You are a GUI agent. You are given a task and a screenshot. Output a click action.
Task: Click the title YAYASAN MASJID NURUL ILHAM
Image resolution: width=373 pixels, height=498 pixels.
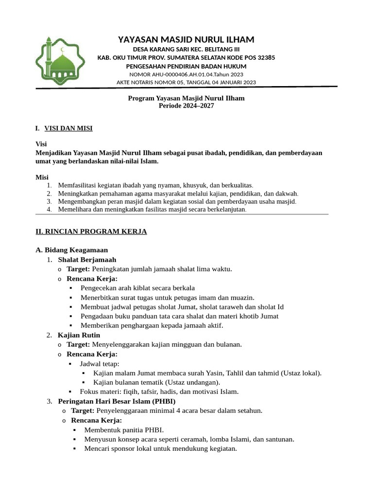click(186, 39)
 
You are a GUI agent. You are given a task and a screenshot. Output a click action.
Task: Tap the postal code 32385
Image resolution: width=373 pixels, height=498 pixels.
click(264, 57)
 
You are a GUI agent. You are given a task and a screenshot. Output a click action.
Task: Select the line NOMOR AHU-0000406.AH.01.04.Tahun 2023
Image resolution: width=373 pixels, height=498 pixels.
click(186, 74)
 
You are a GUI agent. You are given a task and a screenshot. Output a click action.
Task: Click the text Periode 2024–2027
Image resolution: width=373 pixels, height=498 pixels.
click(186, 106)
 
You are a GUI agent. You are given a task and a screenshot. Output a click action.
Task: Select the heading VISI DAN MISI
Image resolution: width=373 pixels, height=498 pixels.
click(68, 128)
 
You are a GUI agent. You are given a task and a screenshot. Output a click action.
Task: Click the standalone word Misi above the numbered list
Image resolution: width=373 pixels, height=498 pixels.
click(42, 177)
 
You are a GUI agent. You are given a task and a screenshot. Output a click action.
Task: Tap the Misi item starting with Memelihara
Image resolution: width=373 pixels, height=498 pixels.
click(152, 210)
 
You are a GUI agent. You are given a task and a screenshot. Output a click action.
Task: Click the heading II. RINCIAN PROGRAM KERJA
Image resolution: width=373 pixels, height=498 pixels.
click(91, 231)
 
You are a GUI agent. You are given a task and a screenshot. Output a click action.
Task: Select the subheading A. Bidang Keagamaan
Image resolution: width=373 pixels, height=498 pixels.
click(72, 250)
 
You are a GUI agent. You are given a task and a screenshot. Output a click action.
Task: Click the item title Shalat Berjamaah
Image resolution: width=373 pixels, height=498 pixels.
click(87, 260)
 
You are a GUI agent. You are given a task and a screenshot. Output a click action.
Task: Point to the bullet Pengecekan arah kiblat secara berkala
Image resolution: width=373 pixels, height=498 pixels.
click(137, 288)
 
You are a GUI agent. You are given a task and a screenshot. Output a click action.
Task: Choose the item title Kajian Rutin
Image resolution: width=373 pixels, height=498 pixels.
click(79, 335)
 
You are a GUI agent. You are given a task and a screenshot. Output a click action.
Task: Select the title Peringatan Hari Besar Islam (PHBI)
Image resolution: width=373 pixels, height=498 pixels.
click(117, 401)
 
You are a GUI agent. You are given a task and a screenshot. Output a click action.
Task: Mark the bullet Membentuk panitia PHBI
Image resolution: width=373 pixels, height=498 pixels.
click(124, 430)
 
